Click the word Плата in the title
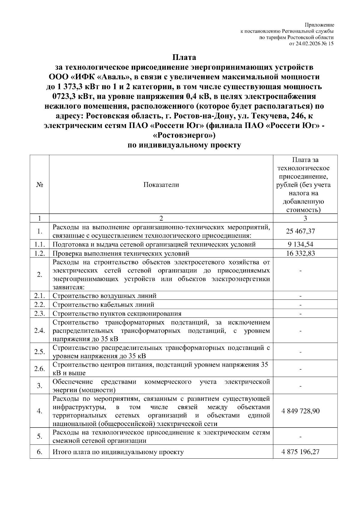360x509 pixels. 184,57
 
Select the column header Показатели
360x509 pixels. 161,185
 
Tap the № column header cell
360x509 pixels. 40,185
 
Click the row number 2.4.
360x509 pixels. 40,331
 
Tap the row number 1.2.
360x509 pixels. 40,253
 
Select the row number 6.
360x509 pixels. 40,452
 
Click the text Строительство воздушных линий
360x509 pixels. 104,296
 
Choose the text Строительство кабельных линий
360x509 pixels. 103,305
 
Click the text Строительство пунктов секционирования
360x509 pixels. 117,314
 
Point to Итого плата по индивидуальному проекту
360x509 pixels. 118,452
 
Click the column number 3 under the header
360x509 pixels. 305,218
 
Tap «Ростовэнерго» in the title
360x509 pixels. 184,135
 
